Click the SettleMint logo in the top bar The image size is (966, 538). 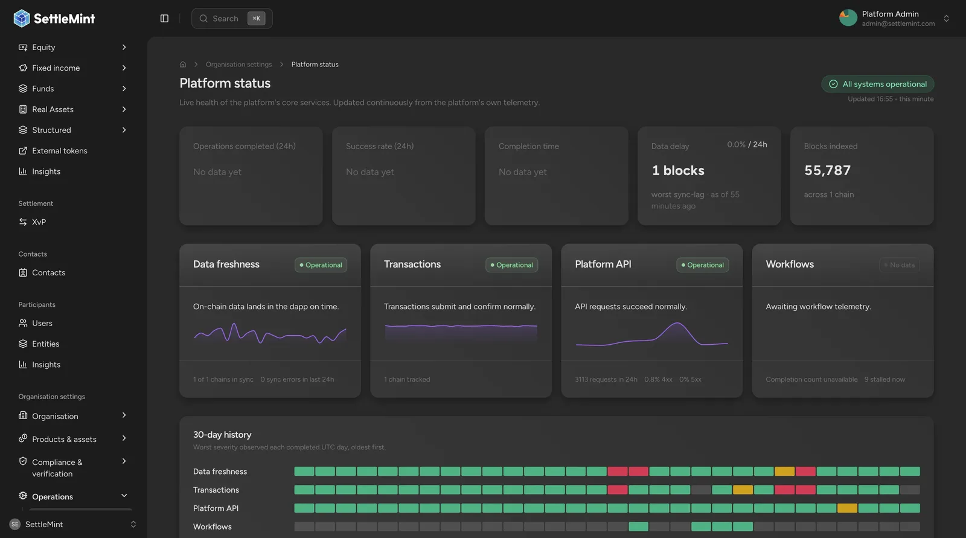click(x=54, y=19)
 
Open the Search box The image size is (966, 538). click(x=232, y=19)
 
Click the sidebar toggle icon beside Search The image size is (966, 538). click(x=164, y=19)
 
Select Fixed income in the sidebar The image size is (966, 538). click(x=56, y=68)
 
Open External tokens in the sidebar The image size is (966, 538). click(x=60, y=150)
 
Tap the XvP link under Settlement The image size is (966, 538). click(x=39, y=222)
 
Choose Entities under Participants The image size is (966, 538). click(x=45, y=344)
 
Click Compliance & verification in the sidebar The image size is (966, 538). click(x=57, y=468)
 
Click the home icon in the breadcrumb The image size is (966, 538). click(x=183, y=64)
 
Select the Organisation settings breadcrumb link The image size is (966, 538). click(x=238, y=64)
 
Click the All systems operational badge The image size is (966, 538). click(x=878, y=84)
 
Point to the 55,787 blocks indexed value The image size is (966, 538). click(x=827, y=170)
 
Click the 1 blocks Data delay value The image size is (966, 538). click(x=677, y=170)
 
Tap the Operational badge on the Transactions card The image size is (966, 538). click(x=511, y=265)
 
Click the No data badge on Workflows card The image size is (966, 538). click(x=899, y=265)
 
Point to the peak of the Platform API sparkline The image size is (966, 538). click(x=677, y=322)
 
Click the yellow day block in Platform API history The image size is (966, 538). click(x=847, y=508)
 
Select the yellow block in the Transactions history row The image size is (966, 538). click(x=743, y=490)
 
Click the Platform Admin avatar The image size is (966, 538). click(x=848, y=18)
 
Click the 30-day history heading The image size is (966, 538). click(x=222, y=435)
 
